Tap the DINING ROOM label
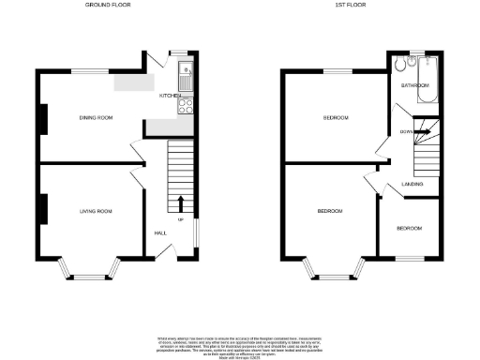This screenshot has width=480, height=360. click(95, 117)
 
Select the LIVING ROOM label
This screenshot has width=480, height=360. click(95, 212)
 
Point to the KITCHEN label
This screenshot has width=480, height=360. click(170, 96)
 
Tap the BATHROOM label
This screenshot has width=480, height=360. click(414, 85)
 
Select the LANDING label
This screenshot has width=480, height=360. click(412, 184)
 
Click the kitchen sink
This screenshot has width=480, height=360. click(187, 71)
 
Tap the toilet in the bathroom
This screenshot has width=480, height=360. click(402, 65)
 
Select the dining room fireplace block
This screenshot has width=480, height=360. click(42, 116)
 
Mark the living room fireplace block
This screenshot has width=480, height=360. click(42, 208)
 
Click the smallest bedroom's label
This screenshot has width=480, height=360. click(408, 229)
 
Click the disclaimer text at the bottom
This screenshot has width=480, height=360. click(240, 341)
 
